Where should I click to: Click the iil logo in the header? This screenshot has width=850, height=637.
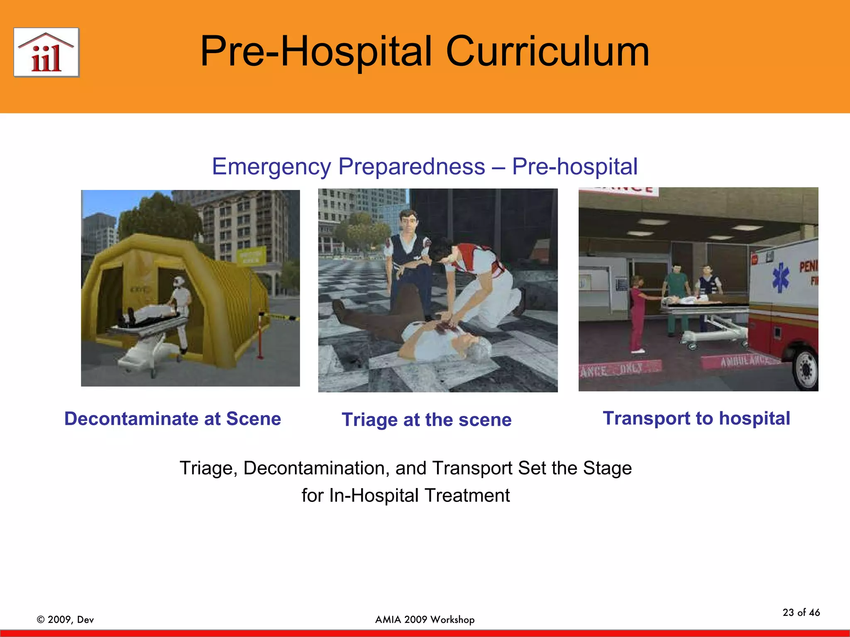click(46, 53)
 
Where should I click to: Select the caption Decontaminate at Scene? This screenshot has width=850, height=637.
click(173, 419)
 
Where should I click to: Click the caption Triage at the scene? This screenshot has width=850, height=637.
click(426, 420)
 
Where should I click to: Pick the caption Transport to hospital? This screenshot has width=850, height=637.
click(696, 418)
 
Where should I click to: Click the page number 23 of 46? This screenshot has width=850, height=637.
click(801, 613)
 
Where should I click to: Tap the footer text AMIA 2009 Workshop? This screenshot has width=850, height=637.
click(425, 620)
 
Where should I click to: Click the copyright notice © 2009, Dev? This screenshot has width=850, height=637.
click(65, 620)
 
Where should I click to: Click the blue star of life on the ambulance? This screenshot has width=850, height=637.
click(780, 277)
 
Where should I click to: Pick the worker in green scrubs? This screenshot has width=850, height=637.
click(675, 299)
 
